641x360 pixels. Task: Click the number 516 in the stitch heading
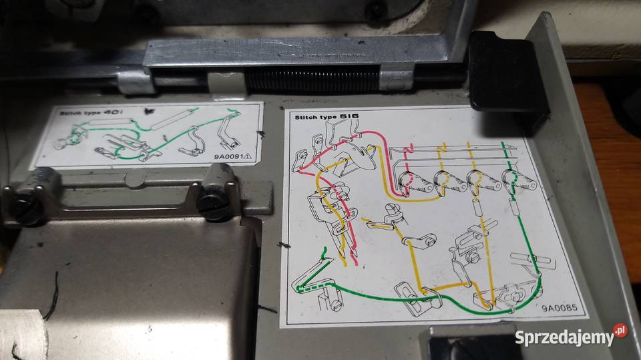pyautogui.click(x=349, y=116)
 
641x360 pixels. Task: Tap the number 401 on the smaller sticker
pyautogui.click(x=111, y=112)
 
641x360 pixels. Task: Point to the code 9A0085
pyautogui.click(x=560, y=308)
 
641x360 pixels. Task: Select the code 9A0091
pyautogui.click(x=228, y=156)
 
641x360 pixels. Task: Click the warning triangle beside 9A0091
pyautogui.click(x=247, y=156)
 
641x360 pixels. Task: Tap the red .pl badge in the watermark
pyautogui.click(x=620, y=330)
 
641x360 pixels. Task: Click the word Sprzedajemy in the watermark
pyautogui.click(x=565, y=338)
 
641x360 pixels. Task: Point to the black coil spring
pyautogui.click(x=312, y=79)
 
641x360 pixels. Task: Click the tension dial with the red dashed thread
pyautogui.click(x=414, y=183)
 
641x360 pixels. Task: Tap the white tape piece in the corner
pyautogui.click(x=23, y=335)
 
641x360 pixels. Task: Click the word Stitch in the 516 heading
pyautogui.click(x=305, y=118)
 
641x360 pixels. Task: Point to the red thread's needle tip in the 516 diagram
pyautogui.click(x=356, y=262)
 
